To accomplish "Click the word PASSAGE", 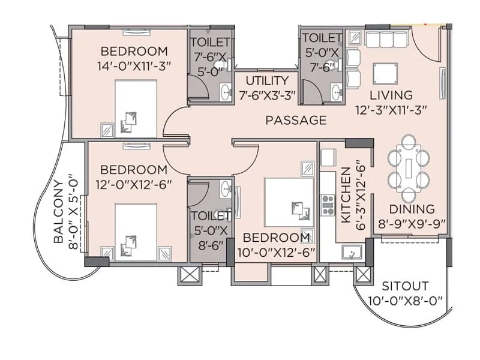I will pos(296,121).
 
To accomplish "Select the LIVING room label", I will pos(391,95).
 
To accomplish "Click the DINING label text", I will pos(412,209).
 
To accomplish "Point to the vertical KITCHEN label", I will pos(346,195).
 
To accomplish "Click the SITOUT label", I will pos(405,286).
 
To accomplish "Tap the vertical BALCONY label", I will pos(59,211).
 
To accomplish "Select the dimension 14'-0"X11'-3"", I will pos(134,66).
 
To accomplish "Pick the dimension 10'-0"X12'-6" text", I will pos(275,252).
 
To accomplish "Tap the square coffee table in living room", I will pos(385,74).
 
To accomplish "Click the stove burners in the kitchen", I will pos(328,204).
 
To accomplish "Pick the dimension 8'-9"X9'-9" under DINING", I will pos(412,224).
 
